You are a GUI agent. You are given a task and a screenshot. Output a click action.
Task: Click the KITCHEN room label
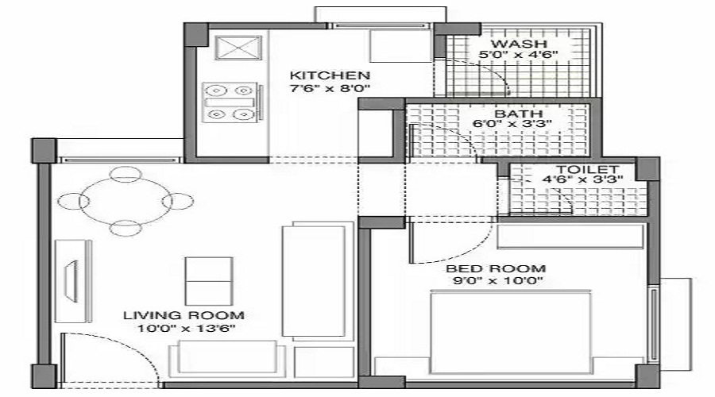pyautogui.click(x=330, y=75)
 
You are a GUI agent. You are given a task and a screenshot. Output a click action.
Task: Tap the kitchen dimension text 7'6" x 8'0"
pyautogui.click(x=330, y=88)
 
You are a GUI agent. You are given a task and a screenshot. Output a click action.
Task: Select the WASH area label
pyautogui.click(x=519, y=44)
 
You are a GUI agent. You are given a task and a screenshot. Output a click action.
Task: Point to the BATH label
pyautogui.click(x=519, y=114)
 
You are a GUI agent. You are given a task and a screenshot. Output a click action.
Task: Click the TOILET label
pyautogui.click(x=587, y=170)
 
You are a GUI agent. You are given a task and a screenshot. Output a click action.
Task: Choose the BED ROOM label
pyautogui.click(x=496, y=268)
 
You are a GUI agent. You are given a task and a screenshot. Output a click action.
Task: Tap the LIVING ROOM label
pyautogui.click(x=184, y=315)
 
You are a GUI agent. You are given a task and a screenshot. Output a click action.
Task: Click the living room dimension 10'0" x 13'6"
pyautogui.click(x=187, y=328)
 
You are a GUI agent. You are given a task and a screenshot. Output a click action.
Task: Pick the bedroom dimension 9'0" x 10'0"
pyautogui.click(x=498, y=280)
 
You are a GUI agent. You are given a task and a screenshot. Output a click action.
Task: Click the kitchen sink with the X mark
pyautogui.click(x=238, y=48)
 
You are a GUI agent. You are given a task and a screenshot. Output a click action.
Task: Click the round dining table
pyautogui.click(x=126, y=201)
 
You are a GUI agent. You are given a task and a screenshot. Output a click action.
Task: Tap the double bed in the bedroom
pyautogui.click(x=511, y=332)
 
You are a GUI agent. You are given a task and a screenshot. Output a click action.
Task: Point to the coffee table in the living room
pyautogui.click(x=209, y=281)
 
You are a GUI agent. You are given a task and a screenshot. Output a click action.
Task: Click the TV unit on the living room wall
pyautogui.click(x=73, y=281)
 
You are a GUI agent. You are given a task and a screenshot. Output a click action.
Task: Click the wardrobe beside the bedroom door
pyautogui.click(x=570, y=237)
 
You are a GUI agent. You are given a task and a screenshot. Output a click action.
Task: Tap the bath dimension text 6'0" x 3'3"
pyautogui.click(x=512, y=124)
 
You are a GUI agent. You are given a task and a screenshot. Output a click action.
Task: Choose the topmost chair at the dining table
pyautogui.click(x=126, y=174)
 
